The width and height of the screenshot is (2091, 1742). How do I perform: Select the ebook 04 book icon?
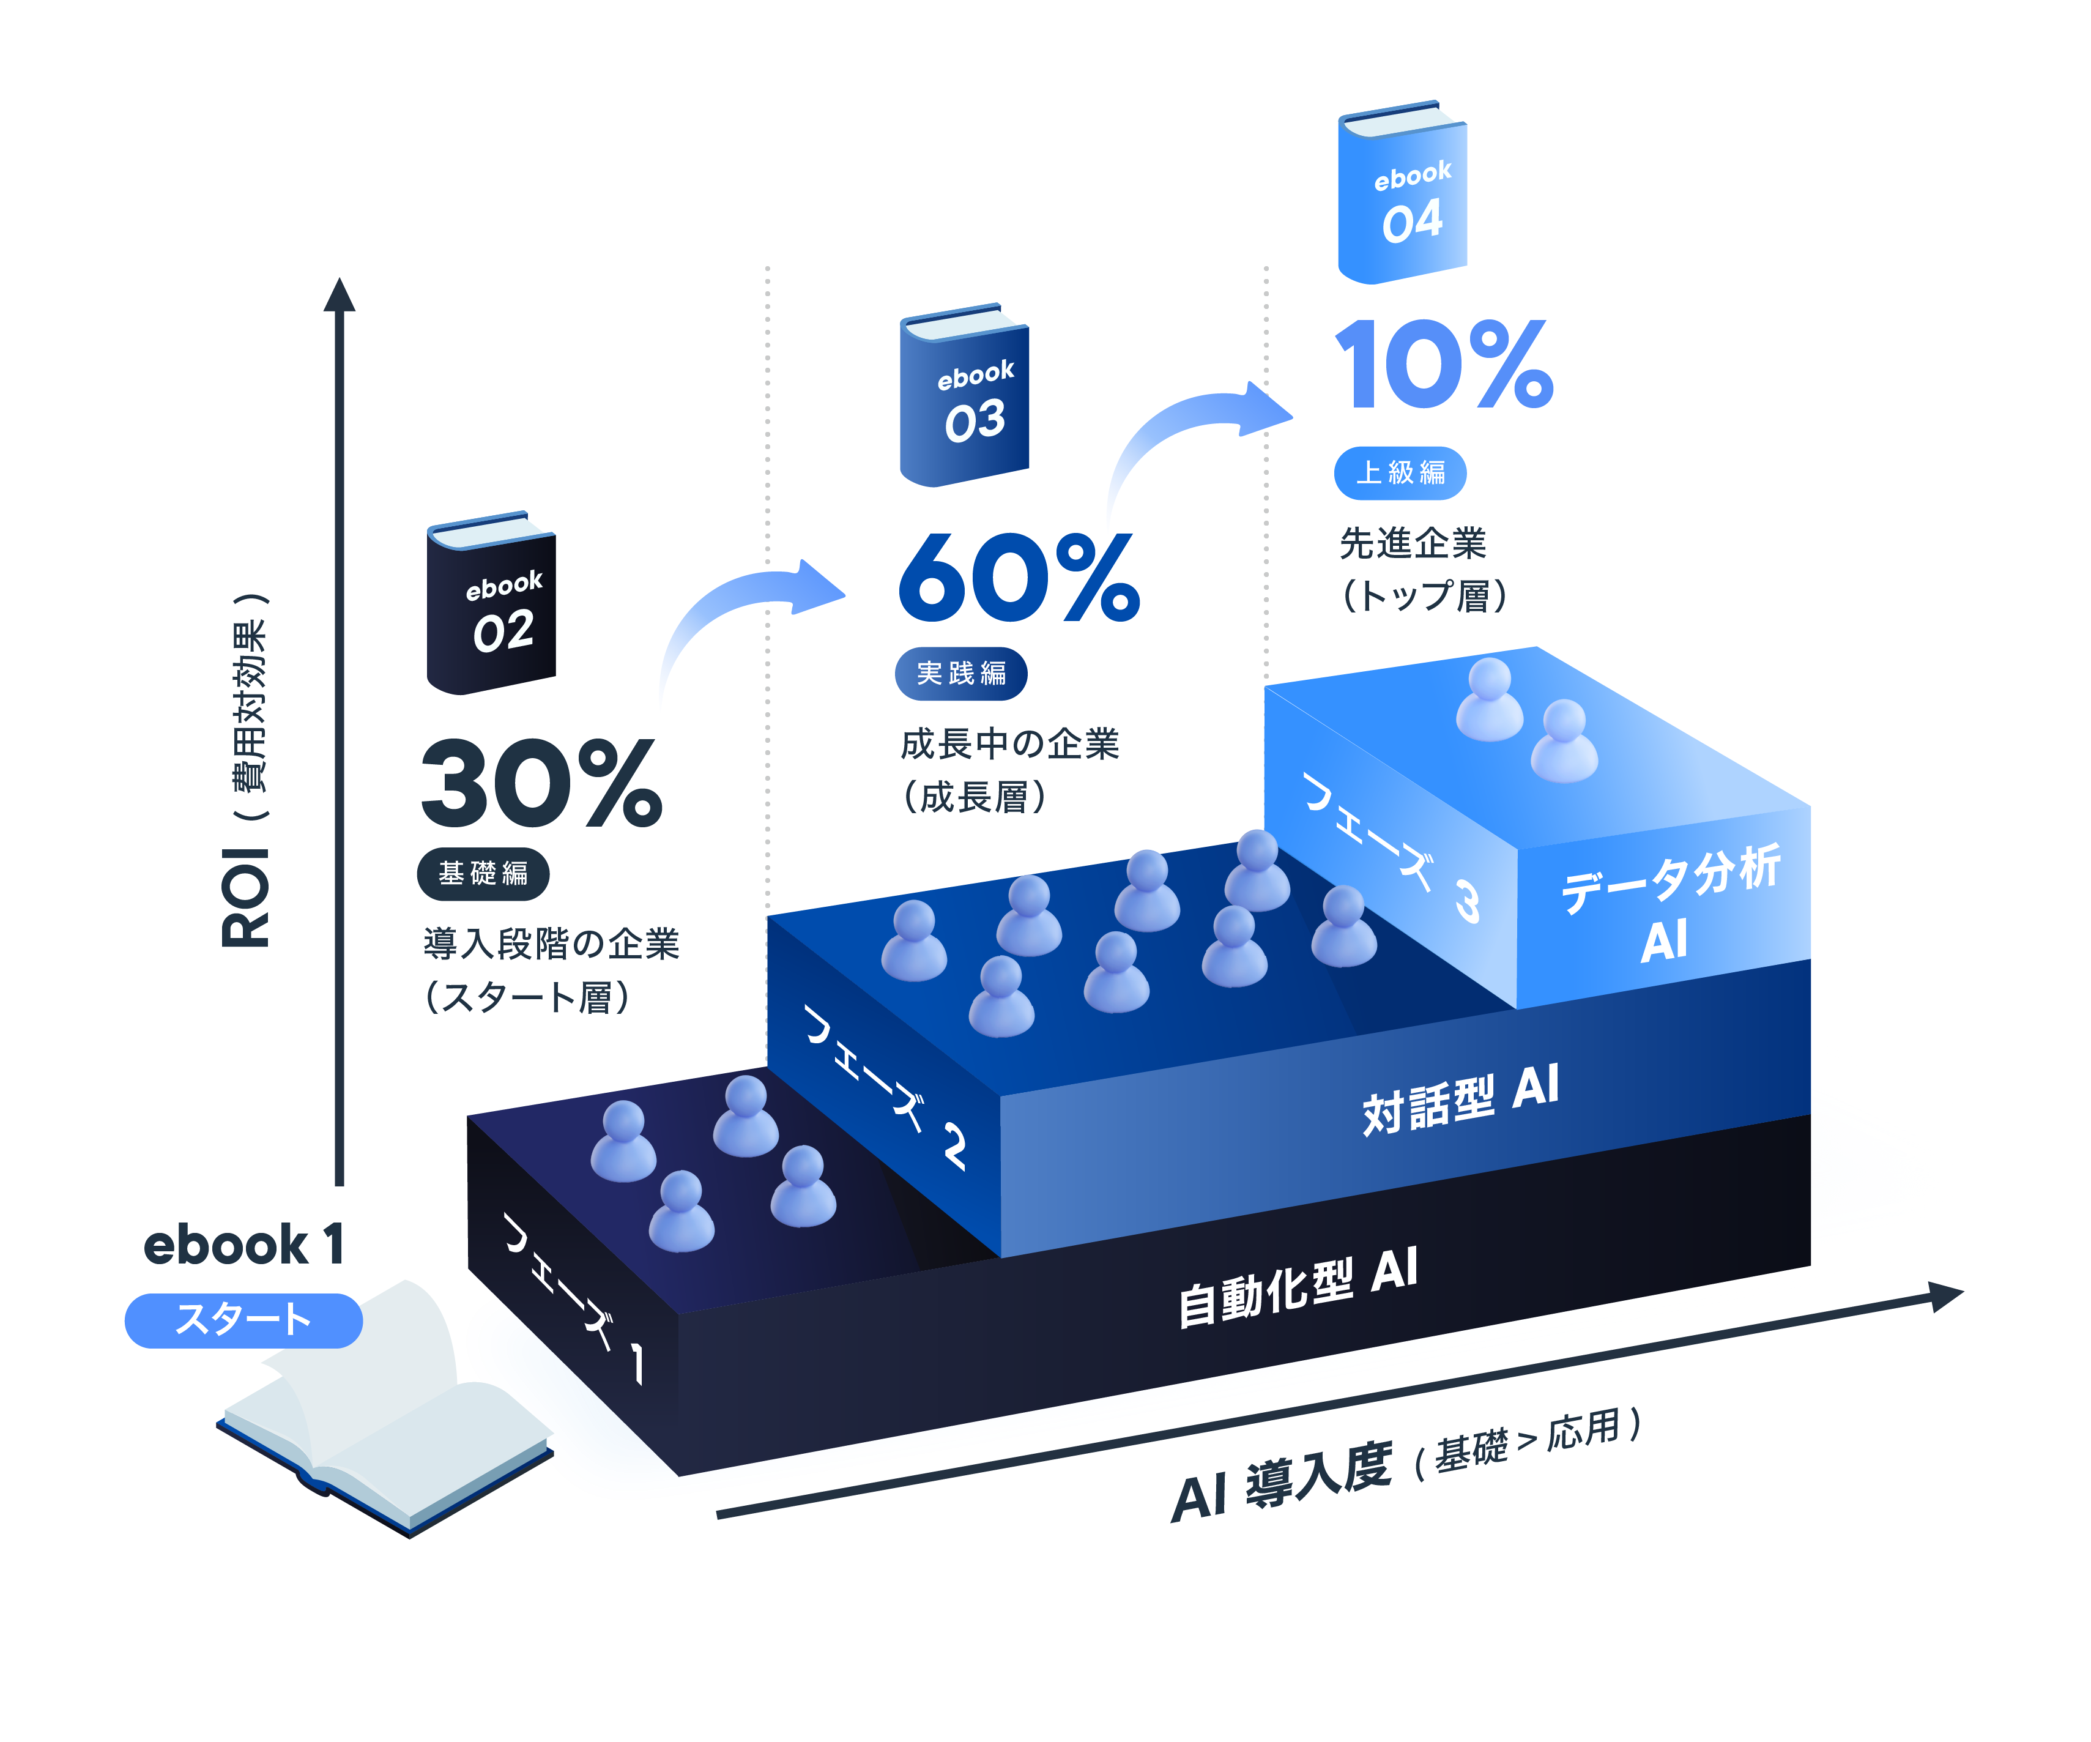(x=1402, y=192)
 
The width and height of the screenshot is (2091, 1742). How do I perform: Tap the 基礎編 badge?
(x=483, y=874)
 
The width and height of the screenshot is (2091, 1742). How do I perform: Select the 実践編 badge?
(x=961, y=673)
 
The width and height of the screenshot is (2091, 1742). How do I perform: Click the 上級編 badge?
(x=1400, y=472)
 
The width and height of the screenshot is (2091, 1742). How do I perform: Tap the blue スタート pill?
(x=243, y=1320)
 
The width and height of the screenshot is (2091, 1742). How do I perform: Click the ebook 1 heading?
(x=244, y=1245)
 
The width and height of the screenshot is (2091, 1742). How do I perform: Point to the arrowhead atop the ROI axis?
(x=340, y=295)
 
